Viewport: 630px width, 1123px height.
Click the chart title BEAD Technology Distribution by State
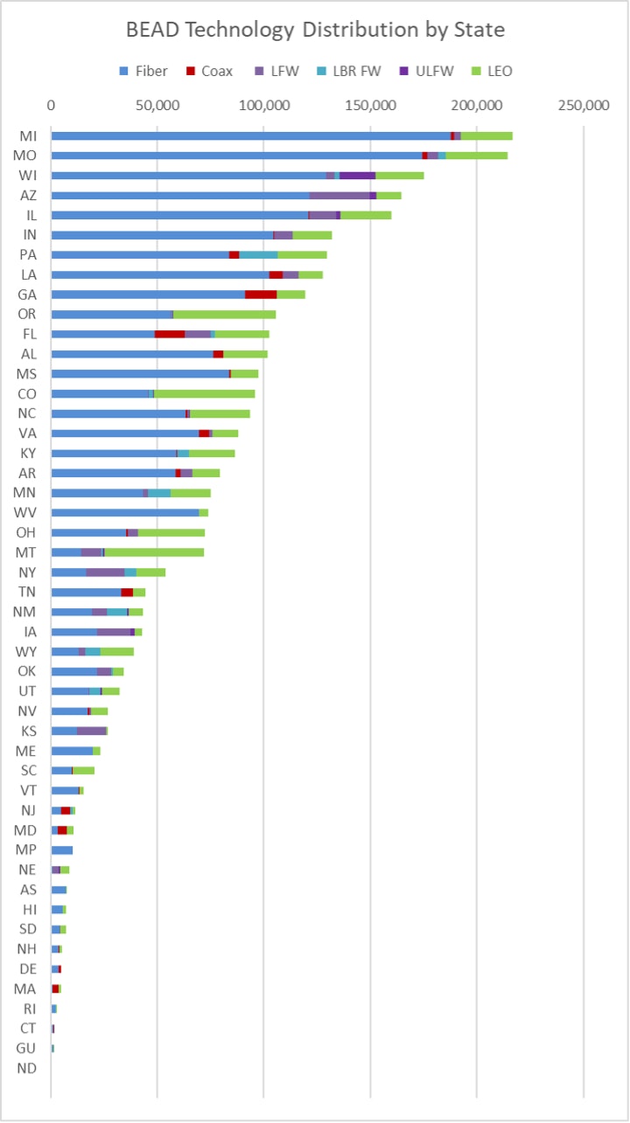click(315, 30)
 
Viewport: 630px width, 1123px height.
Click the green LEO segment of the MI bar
click(486, 135)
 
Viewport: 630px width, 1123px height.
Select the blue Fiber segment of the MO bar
click(236, 156)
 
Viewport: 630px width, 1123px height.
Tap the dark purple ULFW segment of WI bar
click(358, 176)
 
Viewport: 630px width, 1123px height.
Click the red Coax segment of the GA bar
click(261, 295)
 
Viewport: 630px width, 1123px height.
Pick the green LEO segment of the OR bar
click(225, 315)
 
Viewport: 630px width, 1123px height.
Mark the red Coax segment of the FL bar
click(170, 334)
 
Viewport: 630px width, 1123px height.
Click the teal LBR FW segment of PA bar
click(258, 254)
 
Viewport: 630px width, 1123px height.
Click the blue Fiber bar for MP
click(61, 849)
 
